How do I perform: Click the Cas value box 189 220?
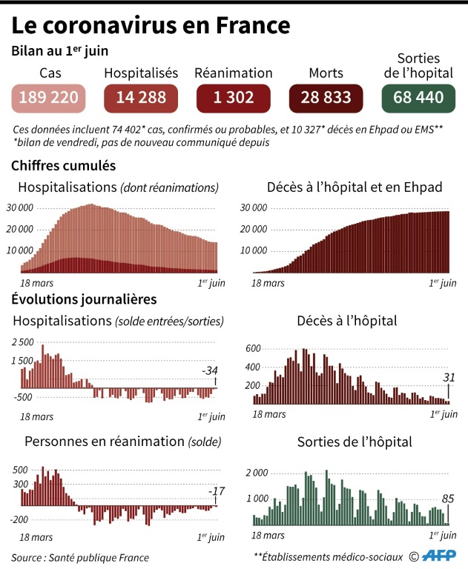pyautogui.click(x=50, y=97)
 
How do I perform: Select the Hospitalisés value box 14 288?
pyautogui.click(x=141, y=97)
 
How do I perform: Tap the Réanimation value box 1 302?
pyautogui.click(x=233, y=97)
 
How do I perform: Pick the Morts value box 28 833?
pyautogui.click(x=326, y=97)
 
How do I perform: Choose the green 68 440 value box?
pyautogui.click(x=418, y=97)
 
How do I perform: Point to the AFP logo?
pyautogui.click(x=440, y=556)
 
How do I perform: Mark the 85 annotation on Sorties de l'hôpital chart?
pyautogui.click(x=446, y=499)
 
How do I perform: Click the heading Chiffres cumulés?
pyautogui.click(x=63, y=166)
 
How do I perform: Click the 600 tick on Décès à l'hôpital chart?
pyautogui.click(x=253, y=349)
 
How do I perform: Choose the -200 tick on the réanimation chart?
pyautogui.click(x=19, y=519)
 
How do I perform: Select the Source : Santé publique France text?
pyautogui.click(x=80, y=557)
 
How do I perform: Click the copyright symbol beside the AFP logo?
pyautogui.click(x=414, y=556)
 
